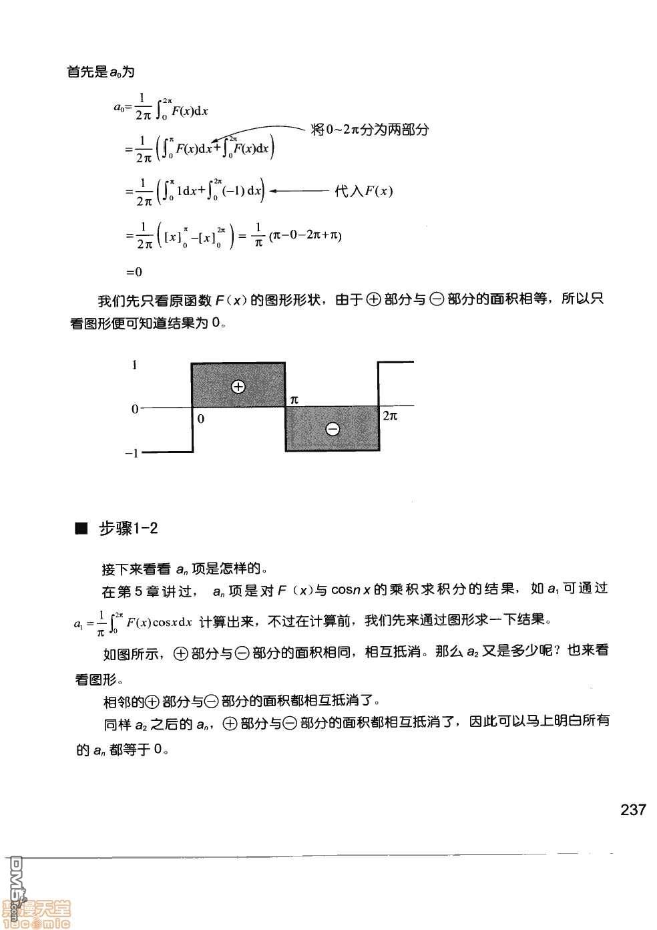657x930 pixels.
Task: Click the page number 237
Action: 633,810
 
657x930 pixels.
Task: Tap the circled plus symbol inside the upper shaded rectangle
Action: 238,386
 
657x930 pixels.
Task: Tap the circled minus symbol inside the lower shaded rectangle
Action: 332,429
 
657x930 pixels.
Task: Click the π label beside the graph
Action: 294,400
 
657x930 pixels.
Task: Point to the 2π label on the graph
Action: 390,416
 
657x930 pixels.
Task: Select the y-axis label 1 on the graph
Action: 135,365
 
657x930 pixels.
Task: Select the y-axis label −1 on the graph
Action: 132,453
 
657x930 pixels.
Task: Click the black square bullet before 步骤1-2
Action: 82,529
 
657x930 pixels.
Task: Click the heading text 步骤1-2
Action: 128,528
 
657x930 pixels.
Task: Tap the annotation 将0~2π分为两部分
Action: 369,130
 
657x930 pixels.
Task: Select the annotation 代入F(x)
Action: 363,192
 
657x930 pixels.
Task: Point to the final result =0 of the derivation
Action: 134,272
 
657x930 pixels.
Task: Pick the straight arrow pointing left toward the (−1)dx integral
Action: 299,192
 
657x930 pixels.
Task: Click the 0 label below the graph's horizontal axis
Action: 201,419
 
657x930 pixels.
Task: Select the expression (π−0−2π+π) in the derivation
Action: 306,235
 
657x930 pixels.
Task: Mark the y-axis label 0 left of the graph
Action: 135,409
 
